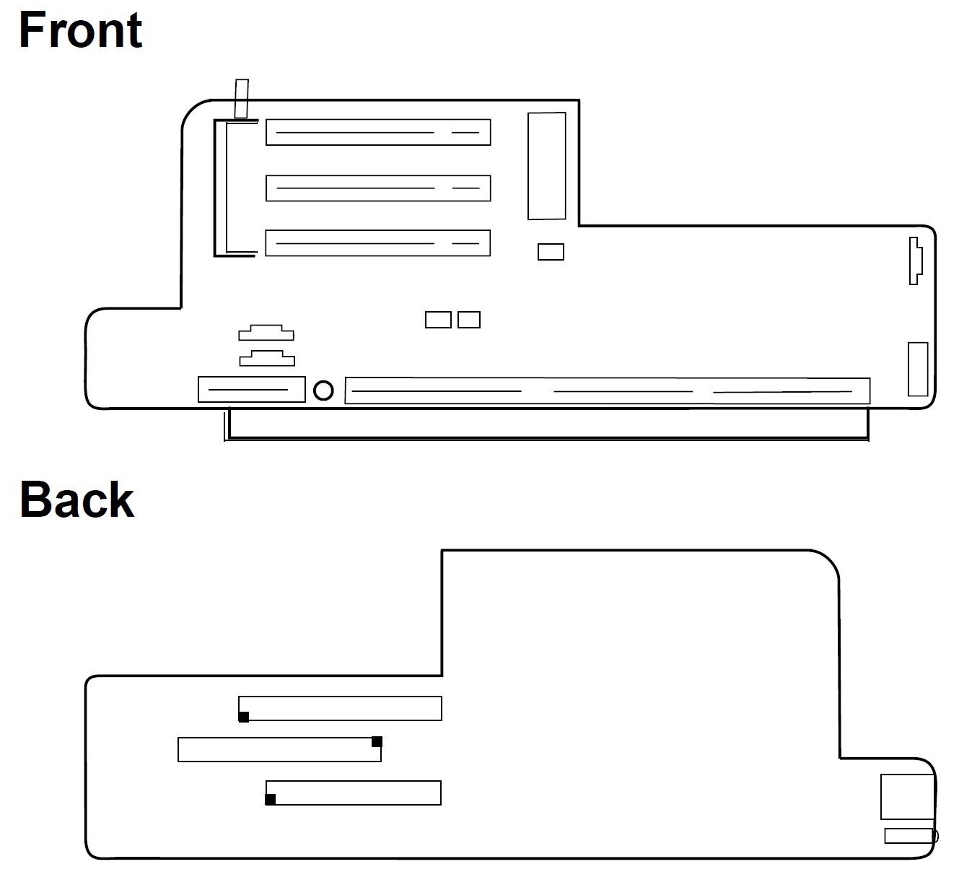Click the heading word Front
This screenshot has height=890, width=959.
(80, 30)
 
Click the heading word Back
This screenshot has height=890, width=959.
(76, 499)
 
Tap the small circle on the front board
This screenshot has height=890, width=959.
(324, 391)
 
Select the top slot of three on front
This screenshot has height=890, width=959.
(377, 132)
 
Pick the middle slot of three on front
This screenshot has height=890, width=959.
(377, 188)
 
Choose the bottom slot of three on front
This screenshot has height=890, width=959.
(377, 243)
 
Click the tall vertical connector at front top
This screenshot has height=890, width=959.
(546, 165)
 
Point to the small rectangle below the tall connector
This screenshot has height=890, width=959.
(551, 252)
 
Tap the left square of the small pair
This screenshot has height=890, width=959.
(438, 319)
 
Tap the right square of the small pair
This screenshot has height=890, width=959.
(469, 319)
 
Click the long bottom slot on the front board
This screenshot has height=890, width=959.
(608, 391)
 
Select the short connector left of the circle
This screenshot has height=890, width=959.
(252, 390)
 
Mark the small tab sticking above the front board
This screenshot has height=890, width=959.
(242, 98)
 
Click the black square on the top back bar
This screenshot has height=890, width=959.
(244, 717)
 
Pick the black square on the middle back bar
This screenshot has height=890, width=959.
(377, 741)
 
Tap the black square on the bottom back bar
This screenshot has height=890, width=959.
(271, 799)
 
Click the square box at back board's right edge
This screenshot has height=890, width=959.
(907, 796)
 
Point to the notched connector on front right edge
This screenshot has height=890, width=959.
(915, 260)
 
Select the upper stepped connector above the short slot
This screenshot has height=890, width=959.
(266, 333)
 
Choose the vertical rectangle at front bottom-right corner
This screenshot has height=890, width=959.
(917, 369)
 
